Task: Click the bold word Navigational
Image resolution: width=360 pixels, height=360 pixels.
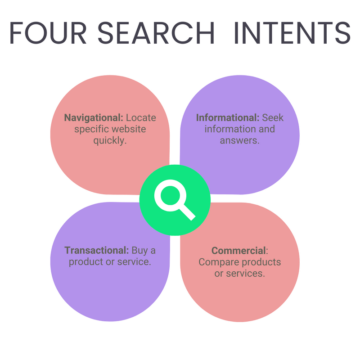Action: (94, 118)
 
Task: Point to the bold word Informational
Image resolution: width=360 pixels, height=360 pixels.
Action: (228, 118)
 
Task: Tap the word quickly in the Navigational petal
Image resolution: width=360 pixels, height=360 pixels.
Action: (110, 140)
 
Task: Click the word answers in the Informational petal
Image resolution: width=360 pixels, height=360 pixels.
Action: (239, 140)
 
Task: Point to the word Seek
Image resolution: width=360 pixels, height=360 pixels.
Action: (273, 118)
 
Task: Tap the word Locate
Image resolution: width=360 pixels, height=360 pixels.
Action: (141, 118)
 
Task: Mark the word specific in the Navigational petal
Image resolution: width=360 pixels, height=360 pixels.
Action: (90, 129)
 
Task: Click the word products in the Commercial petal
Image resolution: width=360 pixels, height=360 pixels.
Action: (260, 262)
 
